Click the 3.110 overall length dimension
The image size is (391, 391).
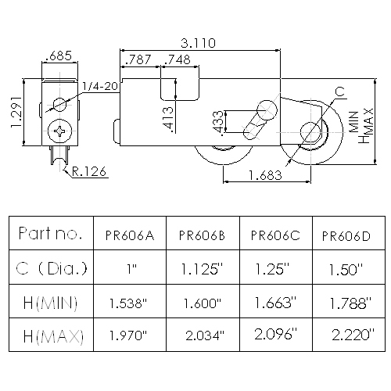[199, 43]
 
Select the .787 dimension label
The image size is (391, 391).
[138, 59]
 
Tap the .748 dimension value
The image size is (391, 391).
[178, 59]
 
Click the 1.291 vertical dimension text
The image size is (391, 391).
[16, 112]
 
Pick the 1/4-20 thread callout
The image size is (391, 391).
[101, 86]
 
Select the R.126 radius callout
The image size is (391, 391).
[89, 171]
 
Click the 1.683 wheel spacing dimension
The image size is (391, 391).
[265, 175]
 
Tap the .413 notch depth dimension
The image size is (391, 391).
[167, 119]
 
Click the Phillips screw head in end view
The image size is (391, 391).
[60, 131]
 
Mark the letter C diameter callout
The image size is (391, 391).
[339, 91]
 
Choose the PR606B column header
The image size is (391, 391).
[202, 235]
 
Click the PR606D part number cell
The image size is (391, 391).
[346, 236]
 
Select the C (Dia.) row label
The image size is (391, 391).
[52, 268]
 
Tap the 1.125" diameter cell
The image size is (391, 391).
[203, 269]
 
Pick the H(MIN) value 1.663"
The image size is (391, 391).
[275, 303]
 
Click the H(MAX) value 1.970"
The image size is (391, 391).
[128, 335]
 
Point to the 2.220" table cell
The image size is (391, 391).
[353, 335]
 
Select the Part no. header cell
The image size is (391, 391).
[50, 233]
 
